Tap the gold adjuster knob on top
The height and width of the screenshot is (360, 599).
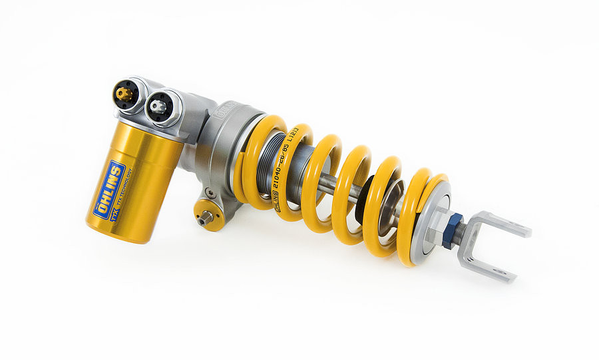[x=123, y=94]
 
